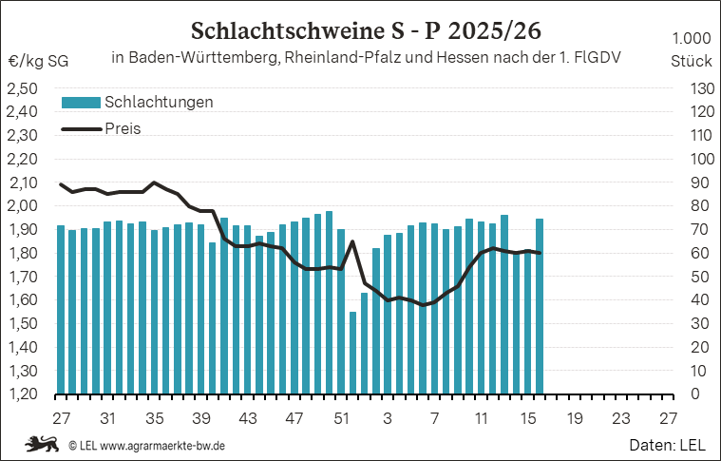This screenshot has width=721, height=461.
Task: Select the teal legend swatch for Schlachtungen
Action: coord(80,102)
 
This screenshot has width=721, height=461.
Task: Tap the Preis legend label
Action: coord(122,128)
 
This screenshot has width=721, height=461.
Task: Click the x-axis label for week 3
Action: coord(388,418)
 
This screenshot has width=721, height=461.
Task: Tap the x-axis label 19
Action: coord(575,418)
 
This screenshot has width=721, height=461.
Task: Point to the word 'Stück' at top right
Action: coord(691,60)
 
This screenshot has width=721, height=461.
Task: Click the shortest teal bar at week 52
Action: coord(352,352)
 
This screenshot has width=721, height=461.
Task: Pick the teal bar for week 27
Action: coord(61,309)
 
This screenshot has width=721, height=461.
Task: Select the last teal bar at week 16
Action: coord(540,305)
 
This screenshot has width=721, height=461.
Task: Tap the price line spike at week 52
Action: coord(352,241)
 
